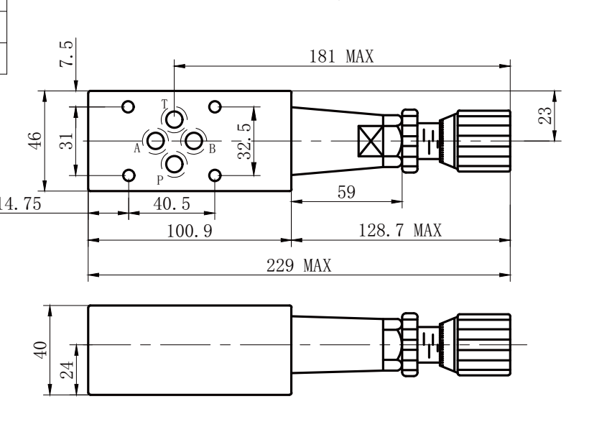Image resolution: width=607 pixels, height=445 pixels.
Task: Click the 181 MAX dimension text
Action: coord(341,57)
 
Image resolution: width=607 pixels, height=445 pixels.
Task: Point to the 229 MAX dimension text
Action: coord(299,266)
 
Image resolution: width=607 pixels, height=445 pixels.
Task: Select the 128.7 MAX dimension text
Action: coord(400,231)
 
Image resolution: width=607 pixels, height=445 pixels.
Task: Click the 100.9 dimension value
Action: coord(190,231)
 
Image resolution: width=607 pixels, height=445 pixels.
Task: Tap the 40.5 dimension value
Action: coord(172,203)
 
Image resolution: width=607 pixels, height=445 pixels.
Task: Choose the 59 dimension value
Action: coord(346,192)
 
